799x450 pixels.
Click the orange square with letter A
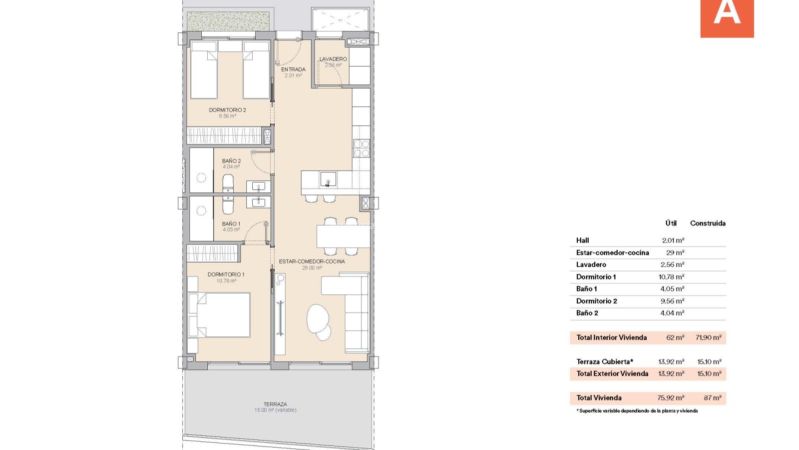(727, 18)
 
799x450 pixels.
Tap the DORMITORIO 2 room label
(228, 110)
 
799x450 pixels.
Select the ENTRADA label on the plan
(293, 69)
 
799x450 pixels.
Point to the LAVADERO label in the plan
(333, 59)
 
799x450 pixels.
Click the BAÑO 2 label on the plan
(231, 161)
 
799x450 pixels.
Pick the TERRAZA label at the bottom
(275, 404)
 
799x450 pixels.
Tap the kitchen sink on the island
(328, 179)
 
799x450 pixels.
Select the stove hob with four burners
(362, 148)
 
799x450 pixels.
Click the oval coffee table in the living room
(318, 318)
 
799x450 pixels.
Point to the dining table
(343, 236)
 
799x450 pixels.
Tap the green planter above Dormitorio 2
(228, 21)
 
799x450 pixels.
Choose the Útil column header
(671, 223)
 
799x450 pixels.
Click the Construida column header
(708, 223)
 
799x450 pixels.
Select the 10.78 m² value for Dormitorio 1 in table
(671, 277)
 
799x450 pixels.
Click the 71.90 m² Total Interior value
(709, 337)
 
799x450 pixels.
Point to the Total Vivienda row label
(599, 398)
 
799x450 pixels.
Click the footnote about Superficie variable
(637, 410)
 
